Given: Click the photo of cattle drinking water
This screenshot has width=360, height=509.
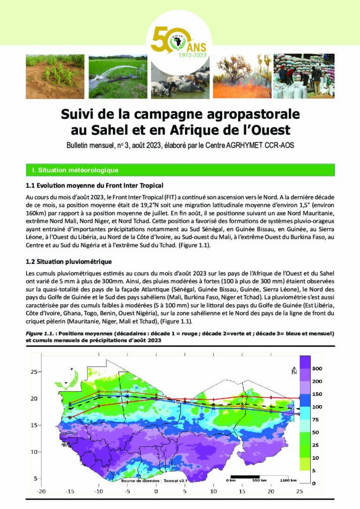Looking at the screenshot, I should click(180, 80).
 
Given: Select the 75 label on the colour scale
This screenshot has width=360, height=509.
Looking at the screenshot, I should click(315, 420).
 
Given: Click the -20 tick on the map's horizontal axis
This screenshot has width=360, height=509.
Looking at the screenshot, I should click(41, 492).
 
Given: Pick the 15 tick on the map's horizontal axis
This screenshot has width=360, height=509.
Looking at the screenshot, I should click(242, 492).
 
